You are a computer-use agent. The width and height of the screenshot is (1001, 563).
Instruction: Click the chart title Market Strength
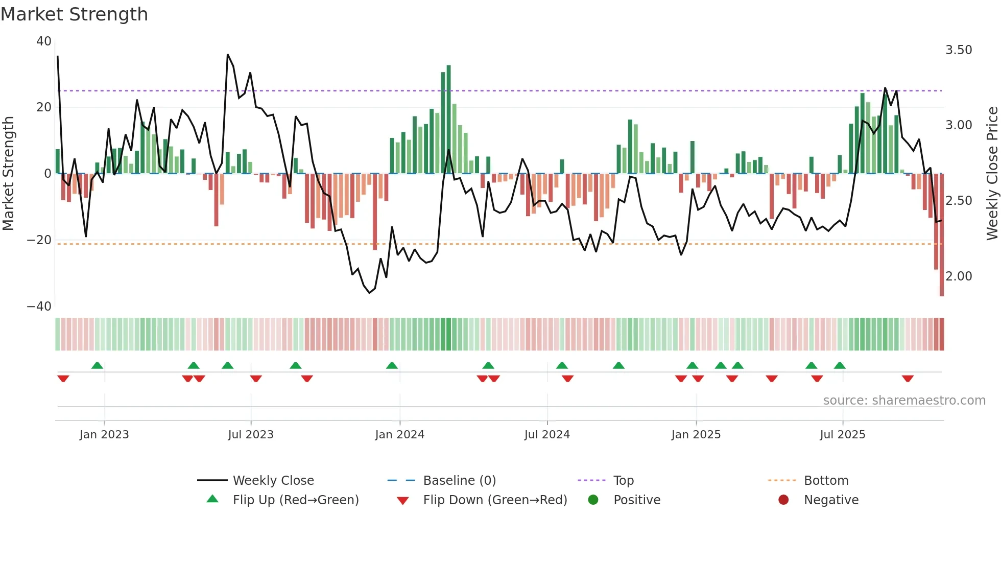(74, 14)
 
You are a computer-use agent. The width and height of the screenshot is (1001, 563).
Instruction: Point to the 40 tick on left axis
(44, 41)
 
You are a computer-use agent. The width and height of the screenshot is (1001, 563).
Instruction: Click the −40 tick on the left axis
(39, 307)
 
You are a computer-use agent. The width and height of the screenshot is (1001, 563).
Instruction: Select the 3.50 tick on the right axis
(959, 50)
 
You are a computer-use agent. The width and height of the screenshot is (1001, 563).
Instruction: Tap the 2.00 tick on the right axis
(959, 276)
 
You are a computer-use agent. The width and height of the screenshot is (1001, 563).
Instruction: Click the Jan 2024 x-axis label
(399, 435)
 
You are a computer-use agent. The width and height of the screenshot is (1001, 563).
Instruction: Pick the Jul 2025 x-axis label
(842, 435)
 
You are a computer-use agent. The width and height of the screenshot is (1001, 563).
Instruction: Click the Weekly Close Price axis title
(992, 174)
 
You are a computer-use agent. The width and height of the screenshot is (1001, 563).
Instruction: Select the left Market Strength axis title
(8, 174)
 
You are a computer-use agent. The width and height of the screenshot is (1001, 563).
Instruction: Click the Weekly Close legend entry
(273, 481)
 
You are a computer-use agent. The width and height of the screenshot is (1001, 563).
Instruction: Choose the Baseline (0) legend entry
(459, 481)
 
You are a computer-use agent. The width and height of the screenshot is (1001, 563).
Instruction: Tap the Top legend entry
(623, 481)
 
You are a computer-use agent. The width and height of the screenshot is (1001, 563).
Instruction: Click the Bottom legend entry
(826, 481)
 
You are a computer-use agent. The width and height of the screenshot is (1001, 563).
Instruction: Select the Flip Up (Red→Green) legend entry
(295, 500)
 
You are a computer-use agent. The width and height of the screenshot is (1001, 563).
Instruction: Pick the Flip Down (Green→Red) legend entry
(495, 500)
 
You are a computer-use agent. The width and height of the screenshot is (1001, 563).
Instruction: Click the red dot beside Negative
(783, 500)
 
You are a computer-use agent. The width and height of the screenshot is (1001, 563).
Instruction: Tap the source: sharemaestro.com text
(904, 401)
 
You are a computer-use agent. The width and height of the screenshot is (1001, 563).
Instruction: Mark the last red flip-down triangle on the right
(908, 379)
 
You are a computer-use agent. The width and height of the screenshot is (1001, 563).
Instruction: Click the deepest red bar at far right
(942, 235)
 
